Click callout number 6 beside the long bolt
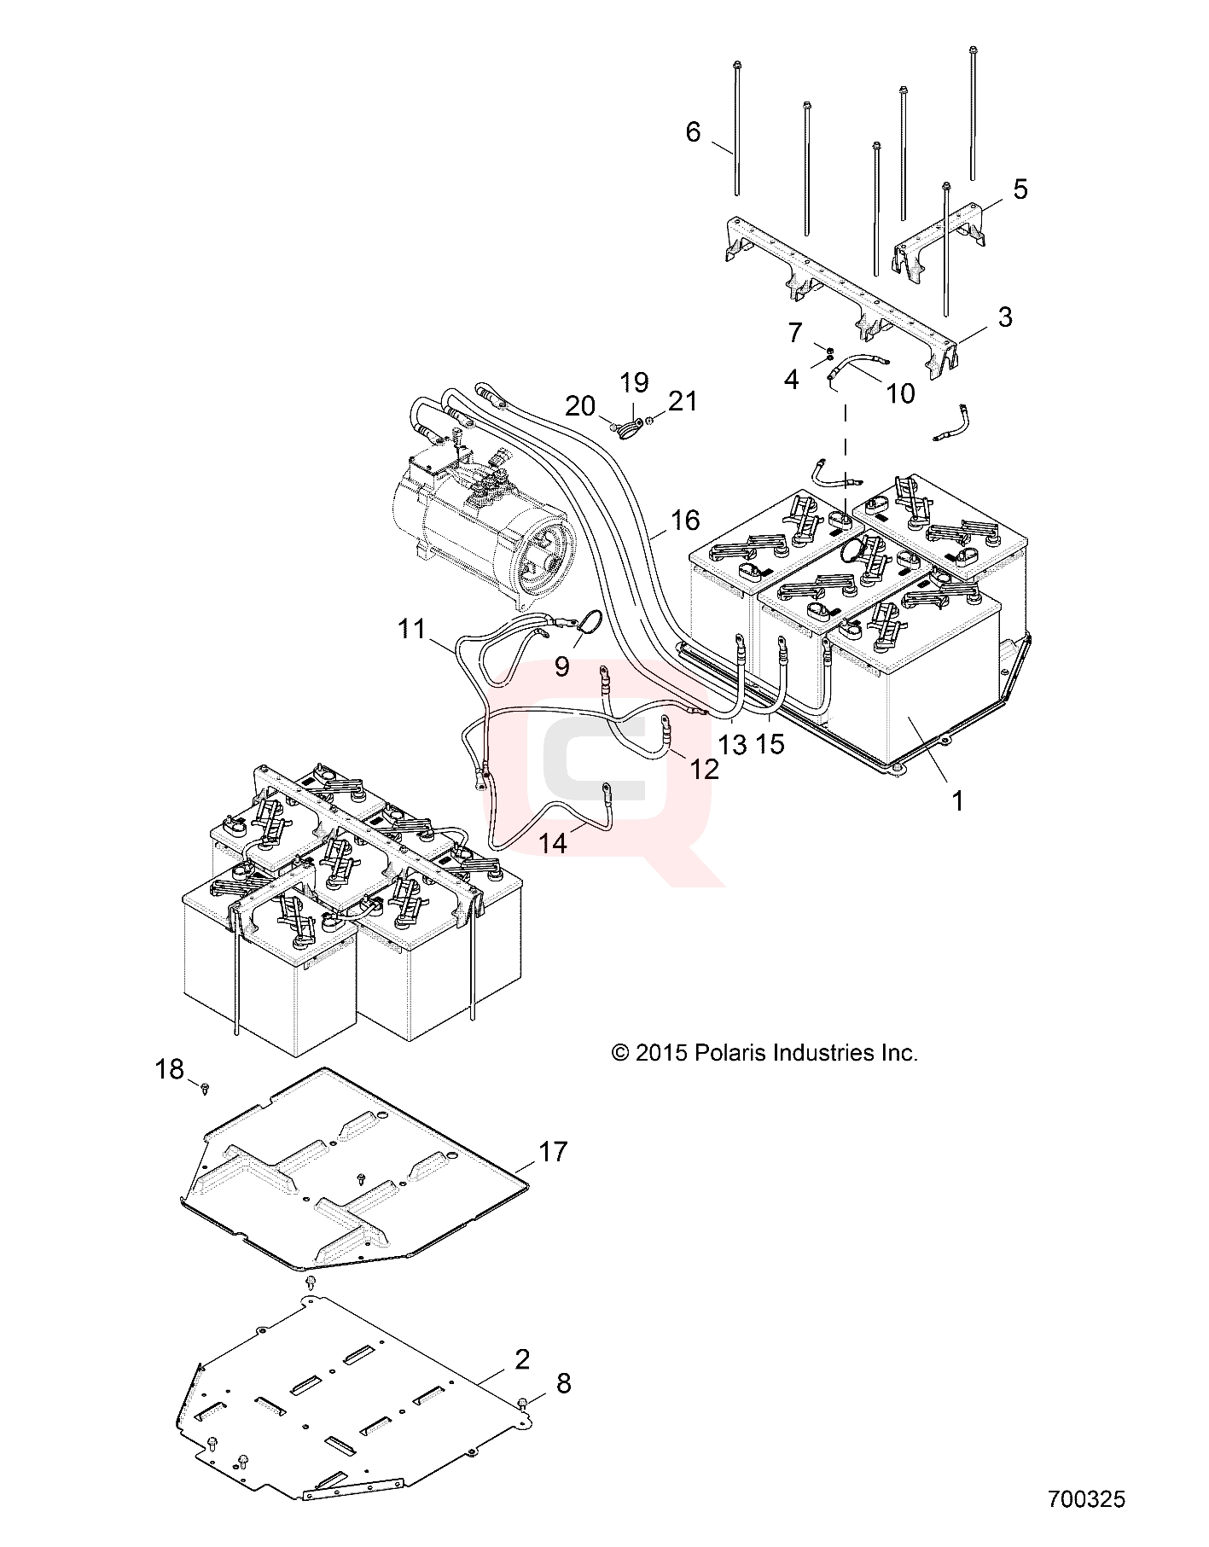[693, 131]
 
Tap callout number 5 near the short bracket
[997, 189]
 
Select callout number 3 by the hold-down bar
[1004, 317]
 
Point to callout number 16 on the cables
[684, 520]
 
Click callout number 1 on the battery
[957, 800]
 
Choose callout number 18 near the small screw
[170, 1068]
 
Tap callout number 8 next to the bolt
[563, 1383]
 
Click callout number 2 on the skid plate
[522, 1359]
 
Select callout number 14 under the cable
[553, 843]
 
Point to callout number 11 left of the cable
[411, 630]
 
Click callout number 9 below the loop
[561, 666]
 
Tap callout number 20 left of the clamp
[580, 406]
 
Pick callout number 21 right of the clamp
[683, 400]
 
